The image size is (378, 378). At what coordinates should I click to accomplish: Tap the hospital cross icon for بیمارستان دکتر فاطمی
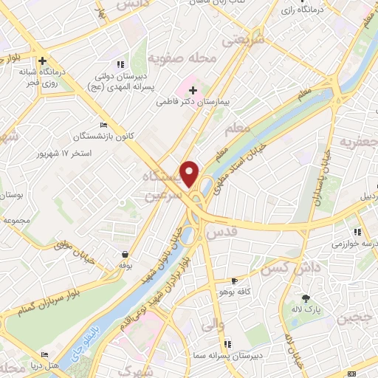click(192, 89)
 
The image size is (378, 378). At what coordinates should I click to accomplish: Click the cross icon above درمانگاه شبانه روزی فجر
click(44, 61)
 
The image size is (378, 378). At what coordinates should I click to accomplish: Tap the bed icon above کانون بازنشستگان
click(103, 125)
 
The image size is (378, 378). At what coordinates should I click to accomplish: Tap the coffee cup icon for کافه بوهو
click(235, 281)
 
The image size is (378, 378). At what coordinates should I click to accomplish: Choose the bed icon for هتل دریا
click(44, 354)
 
